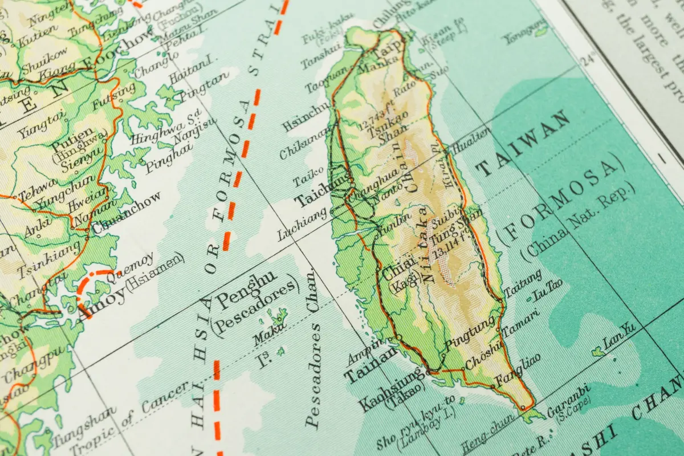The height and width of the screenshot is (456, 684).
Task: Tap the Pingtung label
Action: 470,333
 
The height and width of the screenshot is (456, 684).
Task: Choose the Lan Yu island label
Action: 618,336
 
